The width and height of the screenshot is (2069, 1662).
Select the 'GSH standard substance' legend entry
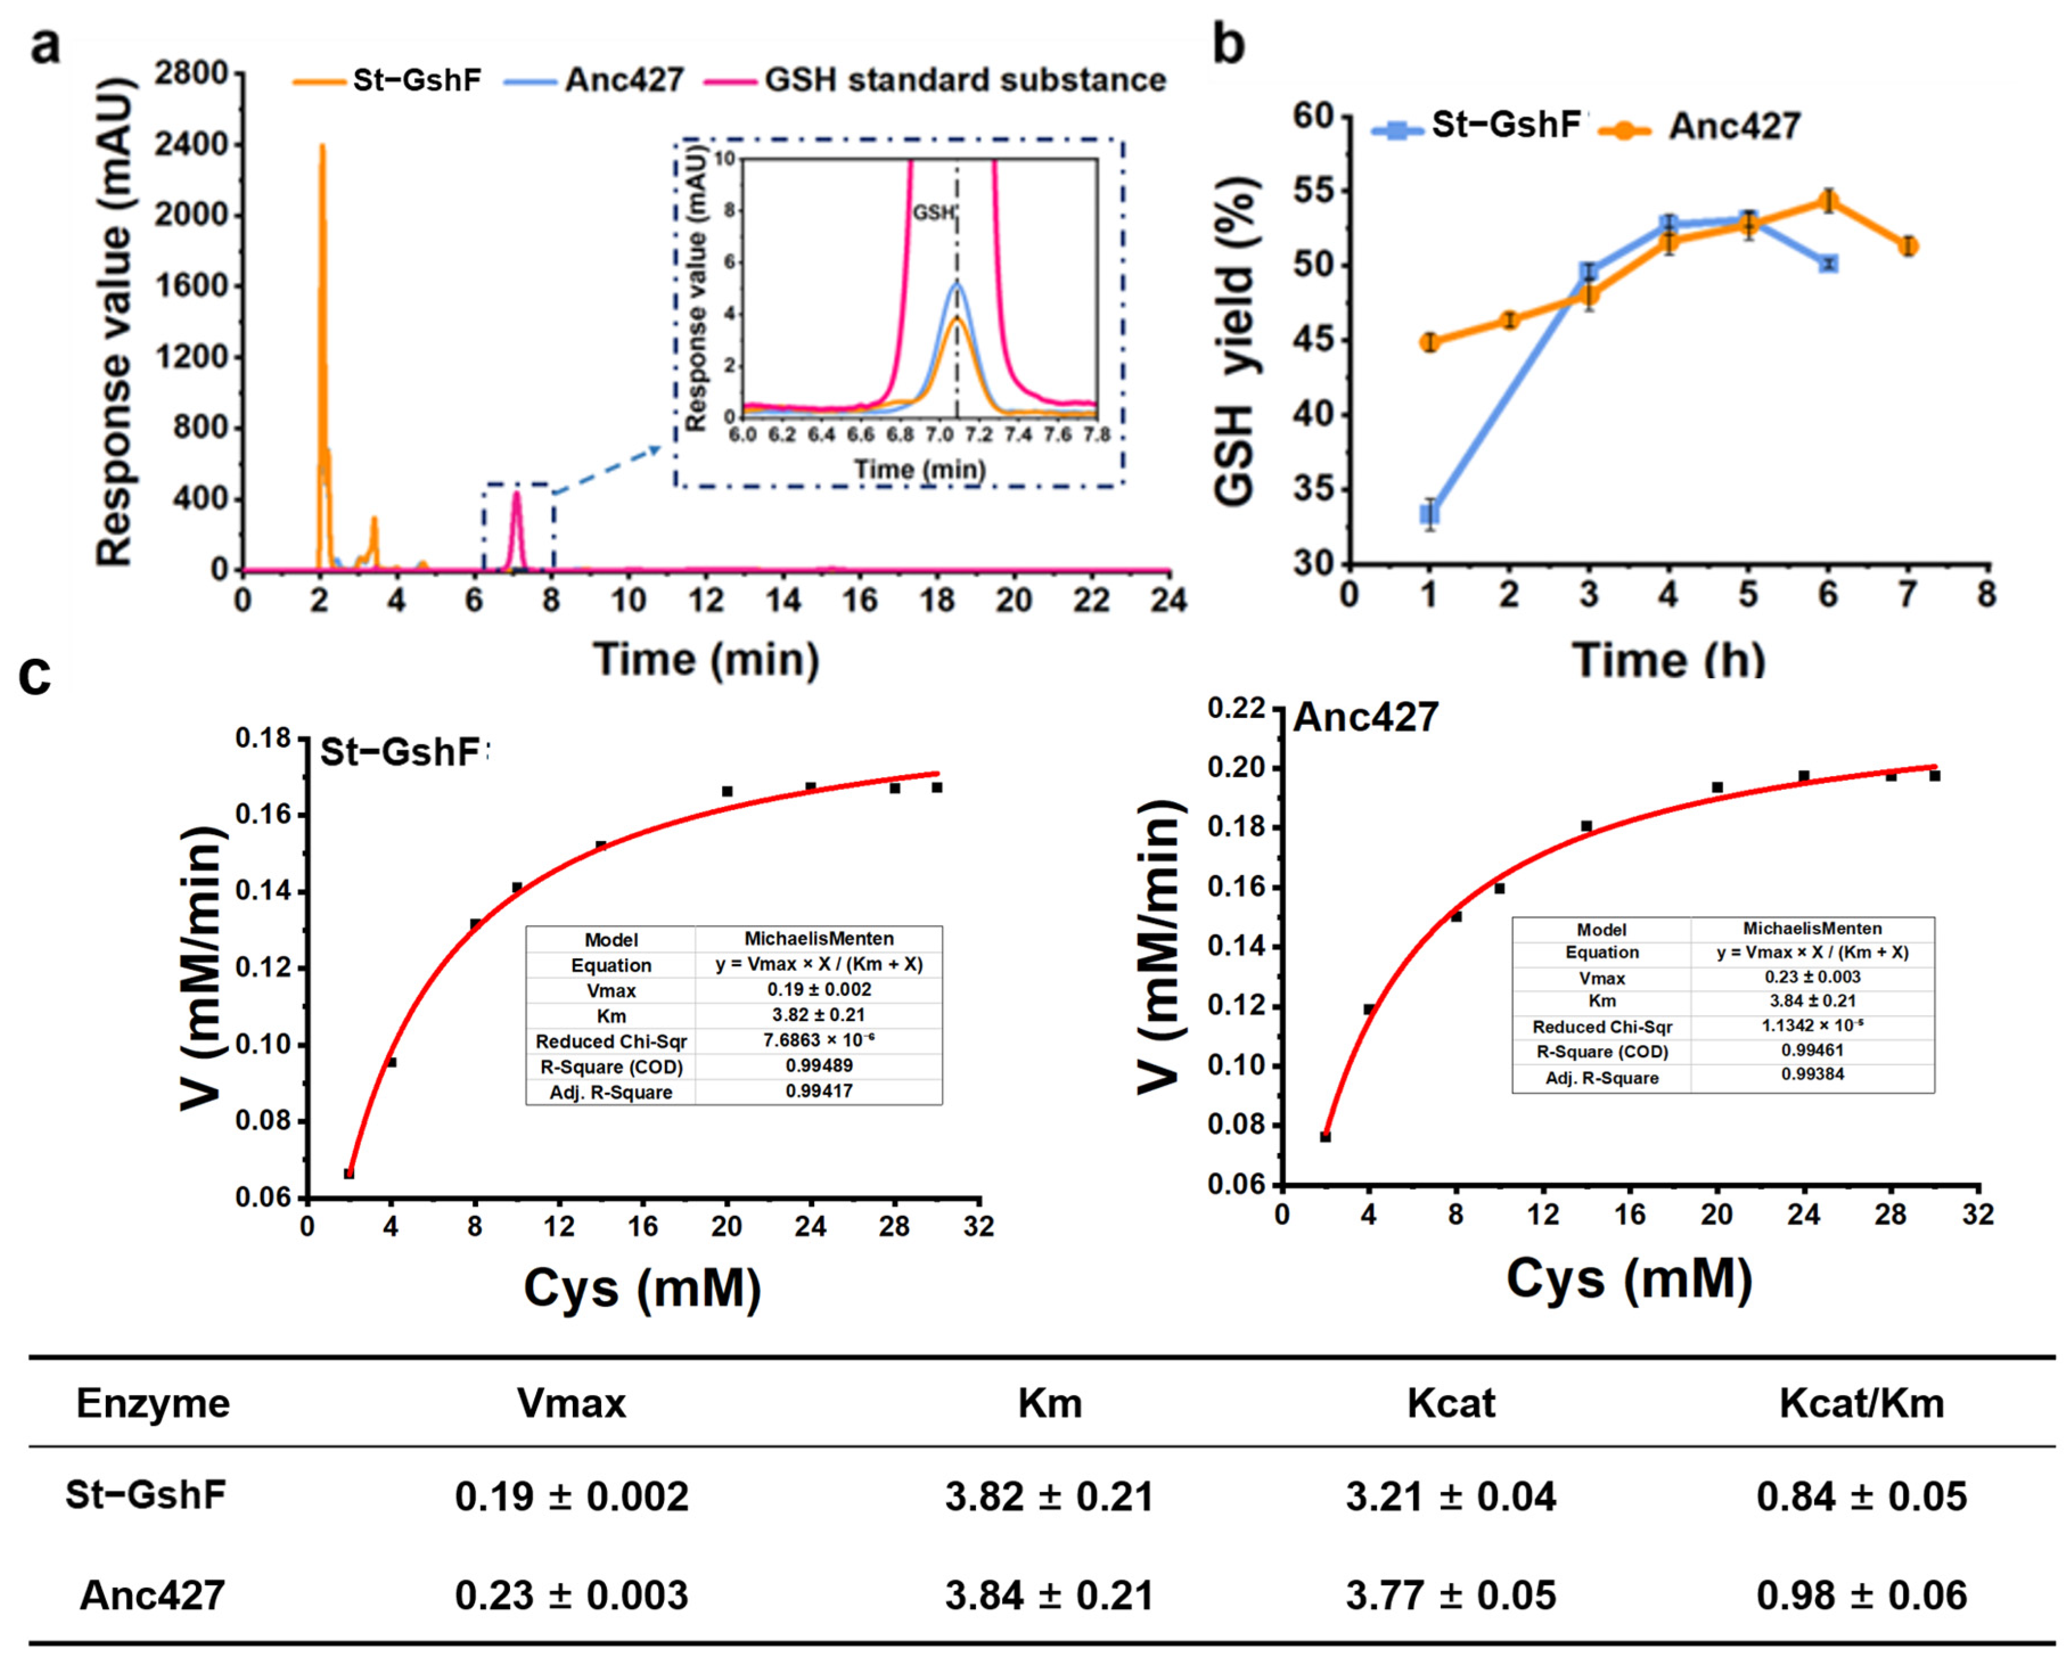(x=964, y=80)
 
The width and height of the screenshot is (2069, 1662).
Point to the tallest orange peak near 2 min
(x=322, y=149)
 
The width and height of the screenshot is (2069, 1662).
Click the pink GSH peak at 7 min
(x=516, y=495)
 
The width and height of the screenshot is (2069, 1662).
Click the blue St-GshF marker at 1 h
(x=1430, y=514)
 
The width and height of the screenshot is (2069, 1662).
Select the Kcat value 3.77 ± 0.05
(x=1450, y=1595)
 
